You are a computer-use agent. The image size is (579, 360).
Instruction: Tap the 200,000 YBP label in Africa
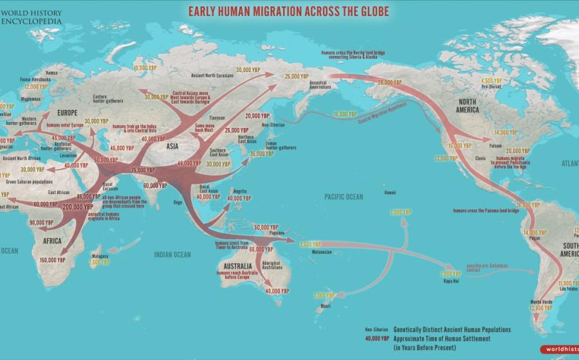(x=77, y=207)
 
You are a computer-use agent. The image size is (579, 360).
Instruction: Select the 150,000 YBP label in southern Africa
(x=53, y=260)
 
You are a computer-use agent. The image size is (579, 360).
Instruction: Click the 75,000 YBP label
(x=142, y=170)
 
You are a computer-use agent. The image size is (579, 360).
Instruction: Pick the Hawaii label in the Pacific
(x=391, y=193)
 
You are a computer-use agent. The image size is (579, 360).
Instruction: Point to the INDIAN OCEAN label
(x=172, y=255)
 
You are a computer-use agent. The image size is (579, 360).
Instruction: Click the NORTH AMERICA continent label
(x=468, y=106)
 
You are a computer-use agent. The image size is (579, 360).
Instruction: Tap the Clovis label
(x=479, y=157)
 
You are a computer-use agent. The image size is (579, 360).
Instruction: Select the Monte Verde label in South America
(x=541, y=301)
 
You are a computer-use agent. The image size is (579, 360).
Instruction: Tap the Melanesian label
(x=322, y=252)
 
